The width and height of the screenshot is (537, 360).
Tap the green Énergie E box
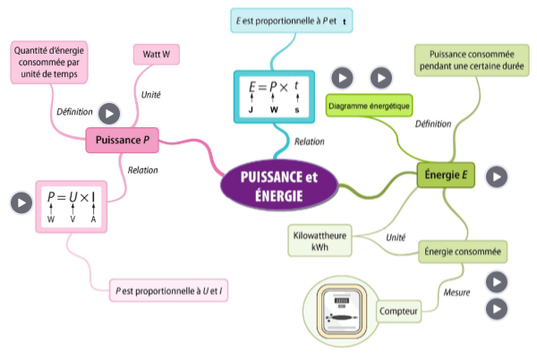point(445,176)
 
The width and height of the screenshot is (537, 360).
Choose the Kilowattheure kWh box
point(319,240)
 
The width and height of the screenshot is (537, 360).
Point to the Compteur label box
point(399,311)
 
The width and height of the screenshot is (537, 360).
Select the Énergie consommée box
point(465,252)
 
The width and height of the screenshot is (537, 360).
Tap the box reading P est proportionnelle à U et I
point(168,291)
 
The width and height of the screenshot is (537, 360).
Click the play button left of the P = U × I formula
point(20,203)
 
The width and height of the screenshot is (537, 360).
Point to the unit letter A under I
point(93,219)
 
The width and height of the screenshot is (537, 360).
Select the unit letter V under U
point(72,219)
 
